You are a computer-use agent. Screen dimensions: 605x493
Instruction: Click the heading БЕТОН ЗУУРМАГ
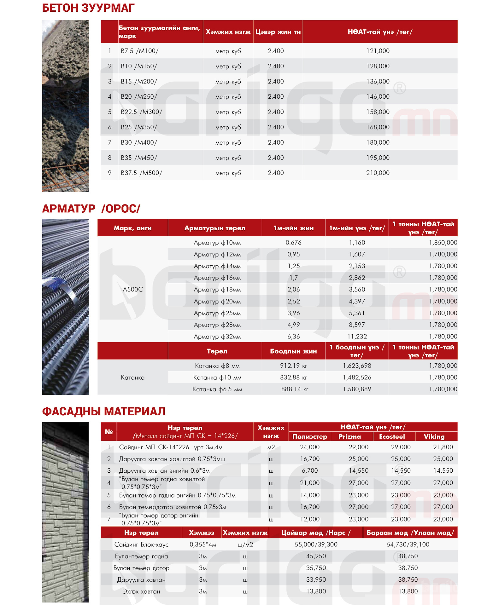(88, 8)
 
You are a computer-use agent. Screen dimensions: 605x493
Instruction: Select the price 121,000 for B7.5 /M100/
(378, 51)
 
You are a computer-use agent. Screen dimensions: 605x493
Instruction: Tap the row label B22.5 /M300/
(141, 112)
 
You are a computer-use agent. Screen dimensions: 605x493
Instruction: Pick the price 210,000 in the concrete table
(378, 173)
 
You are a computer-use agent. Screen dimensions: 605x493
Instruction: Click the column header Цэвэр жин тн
(278, 32)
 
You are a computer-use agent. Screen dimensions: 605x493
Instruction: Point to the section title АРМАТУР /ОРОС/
(91, 209)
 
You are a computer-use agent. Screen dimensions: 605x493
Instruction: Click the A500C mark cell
(133, 289)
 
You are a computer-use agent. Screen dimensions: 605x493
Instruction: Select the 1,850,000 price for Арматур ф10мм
(443, 242)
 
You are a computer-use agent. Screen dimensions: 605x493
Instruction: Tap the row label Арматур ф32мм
(217, 337)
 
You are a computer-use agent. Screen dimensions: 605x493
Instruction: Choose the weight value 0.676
(293, 242)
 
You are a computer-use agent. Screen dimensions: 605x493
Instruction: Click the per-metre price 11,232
(357, 337)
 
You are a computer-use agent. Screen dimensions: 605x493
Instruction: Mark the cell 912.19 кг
(293, 366)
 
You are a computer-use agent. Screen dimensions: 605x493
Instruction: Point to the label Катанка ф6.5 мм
(217, 389)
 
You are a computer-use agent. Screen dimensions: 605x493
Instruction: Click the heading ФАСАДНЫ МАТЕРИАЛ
(103, 411)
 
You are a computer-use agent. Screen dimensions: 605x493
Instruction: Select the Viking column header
(434, 436)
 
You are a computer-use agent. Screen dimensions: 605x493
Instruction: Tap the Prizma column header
(349, 436)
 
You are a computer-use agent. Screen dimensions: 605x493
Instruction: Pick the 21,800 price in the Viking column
(443, 447)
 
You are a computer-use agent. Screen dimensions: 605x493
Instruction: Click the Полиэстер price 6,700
(310, 470)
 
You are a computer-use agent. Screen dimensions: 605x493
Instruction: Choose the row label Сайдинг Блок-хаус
(141, 544)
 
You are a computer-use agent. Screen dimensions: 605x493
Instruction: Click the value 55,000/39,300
(316, 544)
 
